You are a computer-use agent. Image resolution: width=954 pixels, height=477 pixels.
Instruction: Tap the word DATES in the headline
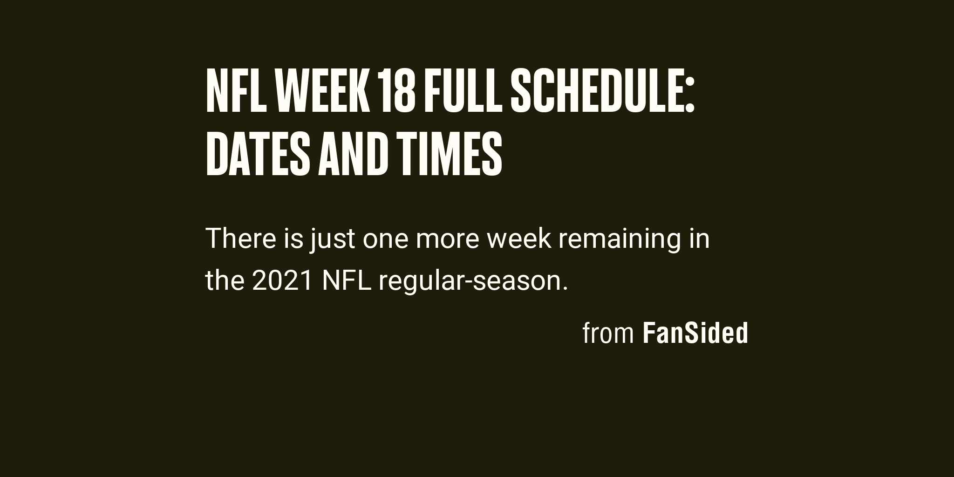coord(258,153)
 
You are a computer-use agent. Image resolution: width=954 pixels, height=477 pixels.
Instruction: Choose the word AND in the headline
coord(352,153)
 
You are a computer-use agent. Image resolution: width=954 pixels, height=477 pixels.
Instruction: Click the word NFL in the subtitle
coord(347,281)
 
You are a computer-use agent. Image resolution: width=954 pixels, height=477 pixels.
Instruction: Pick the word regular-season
coord(469,282)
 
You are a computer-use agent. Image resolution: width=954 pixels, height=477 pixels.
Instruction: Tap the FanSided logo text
coord(695,334)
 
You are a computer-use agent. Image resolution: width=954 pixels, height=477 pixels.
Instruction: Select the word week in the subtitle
coord(519,238)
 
